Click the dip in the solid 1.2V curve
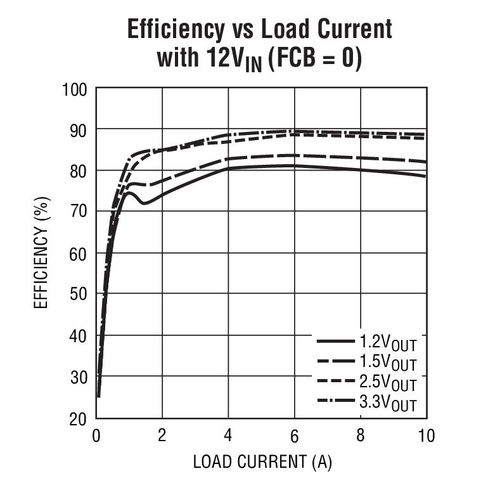[144, 203]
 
